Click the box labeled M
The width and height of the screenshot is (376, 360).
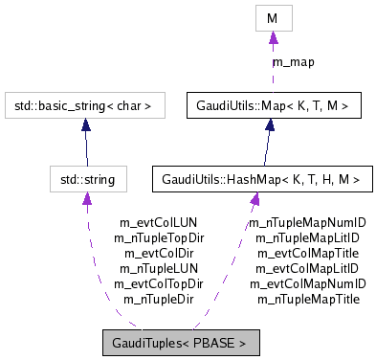(x=273, y=18)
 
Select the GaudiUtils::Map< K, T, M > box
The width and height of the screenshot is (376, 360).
(x=265, y=105)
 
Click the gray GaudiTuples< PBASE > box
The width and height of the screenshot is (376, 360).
(x=180, y=342)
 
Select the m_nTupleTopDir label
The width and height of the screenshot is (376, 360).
(x=159, y=237)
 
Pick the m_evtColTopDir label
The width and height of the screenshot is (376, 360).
(x=159, y=283)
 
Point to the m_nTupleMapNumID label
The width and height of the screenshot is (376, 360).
(x=307, y=222)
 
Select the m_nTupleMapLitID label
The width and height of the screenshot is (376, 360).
(x=307, y=237)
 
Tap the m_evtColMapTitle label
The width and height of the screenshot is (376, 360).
(x=307, y=253)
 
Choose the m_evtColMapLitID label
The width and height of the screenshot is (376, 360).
(x=307, y=268)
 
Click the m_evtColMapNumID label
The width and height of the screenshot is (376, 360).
(x=307, y=283)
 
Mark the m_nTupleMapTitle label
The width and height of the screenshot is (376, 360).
(x=307, y=299)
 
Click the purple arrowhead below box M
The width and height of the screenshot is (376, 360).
(x=273, y=38)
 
